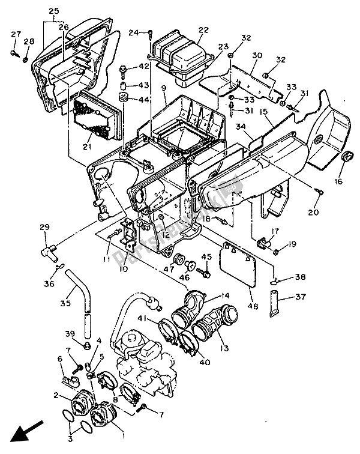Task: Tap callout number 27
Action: point(15,34)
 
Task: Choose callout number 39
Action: point(70,333)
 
